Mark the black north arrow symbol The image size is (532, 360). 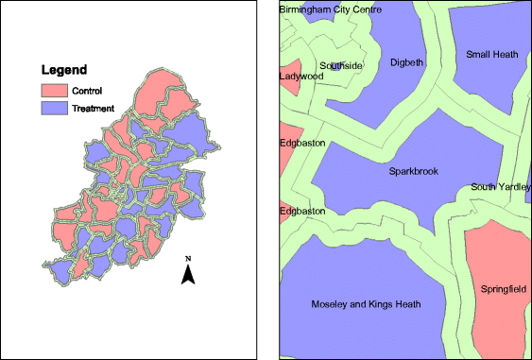[x=188, y=274]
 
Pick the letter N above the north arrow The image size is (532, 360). [x=188, y=258]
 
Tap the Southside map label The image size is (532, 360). [x=340, y=65]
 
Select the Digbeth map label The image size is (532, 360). [x=407, y=63]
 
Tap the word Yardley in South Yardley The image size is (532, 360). [x=514, y=187]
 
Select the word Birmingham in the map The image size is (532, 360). [x=306, y=9]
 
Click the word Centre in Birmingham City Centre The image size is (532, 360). [x=374, y=9]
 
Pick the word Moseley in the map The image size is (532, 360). [x=330, y=304]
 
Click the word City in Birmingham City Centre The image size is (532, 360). [x=345, y=9]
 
